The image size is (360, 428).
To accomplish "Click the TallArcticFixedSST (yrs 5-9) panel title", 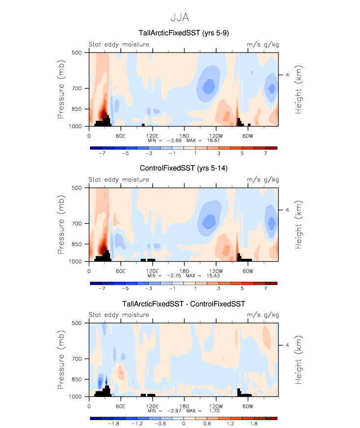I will tap(183, 33).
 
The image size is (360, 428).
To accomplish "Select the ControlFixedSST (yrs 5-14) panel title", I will tap(183, 168).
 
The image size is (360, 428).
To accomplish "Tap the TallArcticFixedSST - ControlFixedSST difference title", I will tap(183, 304).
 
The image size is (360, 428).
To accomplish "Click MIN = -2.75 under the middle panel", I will tap(165, 275).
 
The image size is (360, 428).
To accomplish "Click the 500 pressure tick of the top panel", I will tap(77, 53).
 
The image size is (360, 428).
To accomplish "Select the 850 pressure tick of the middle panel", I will tap(77, 244).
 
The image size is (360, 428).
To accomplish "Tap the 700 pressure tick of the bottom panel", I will tap(77, 359).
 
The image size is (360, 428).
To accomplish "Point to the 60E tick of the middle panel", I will tap(120, 271).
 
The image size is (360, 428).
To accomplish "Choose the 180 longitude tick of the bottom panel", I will tap(184, 406).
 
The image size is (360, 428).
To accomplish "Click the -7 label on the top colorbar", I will tap(102, 153).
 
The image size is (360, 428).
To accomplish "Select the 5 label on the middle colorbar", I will tap(242, 289).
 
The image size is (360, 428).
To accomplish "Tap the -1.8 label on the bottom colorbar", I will tap(114, 424).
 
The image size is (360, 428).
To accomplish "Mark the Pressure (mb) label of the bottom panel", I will tap(61, 359).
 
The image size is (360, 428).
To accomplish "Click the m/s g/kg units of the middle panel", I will tap(262, 180).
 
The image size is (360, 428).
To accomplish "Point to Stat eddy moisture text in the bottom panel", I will tap(119, 315).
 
